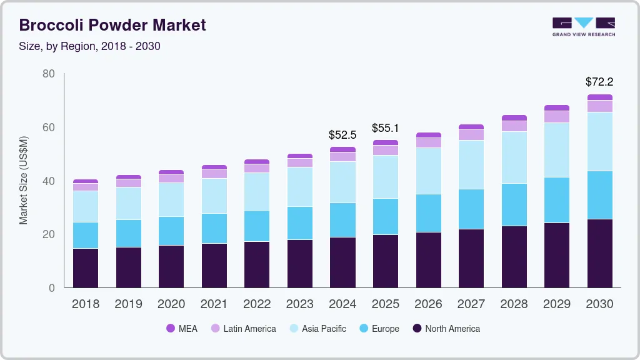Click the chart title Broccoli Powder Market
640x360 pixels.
[x=112, y=25]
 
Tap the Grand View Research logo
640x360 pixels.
[x=583, y=26]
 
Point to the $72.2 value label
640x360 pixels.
[x=599, y=82]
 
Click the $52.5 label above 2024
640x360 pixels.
[x=342, y=134]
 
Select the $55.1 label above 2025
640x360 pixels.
[x=385, y=128]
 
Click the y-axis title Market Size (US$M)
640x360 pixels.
[x=23, y=180]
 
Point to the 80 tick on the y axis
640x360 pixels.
[x=49, y=74]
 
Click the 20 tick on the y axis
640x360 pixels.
[x=49, y=234]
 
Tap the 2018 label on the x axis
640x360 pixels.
[x=86, y=304]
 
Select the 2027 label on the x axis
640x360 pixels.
[x=471, y=304]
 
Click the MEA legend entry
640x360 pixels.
[x=182, y=329]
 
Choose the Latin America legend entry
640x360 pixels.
[x=243, y=329]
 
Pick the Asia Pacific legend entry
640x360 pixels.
[x=317, y=329]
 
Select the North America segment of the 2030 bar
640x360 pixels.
[x=599, y=253]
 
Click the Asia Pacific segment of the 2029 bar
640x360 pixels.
[x=556, y=150]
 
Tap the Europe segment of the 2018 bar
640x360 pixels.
[x=86, y=235]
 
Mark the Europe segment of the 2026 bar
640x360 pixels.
[x=428, y=213]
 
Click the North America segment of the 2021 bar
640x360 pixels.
[x=214, y=266]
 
